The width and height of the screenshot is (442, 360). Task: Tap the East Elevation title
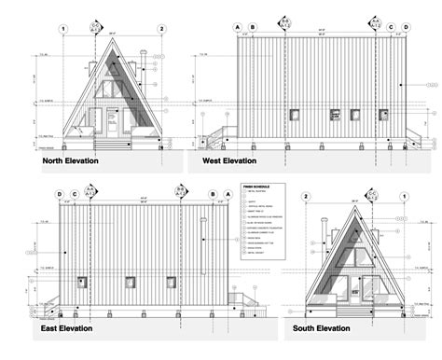[74, 328]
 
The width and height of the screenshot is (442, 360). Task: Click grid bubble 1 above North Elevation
[62, 29]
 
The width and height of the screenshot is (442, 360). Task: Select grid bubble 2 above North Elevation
[161, 29]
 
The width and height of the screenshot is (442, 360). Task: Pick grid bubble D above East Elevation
[59, 195]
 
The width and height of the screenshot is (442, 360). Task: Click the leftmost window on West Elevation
[293, 116]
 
